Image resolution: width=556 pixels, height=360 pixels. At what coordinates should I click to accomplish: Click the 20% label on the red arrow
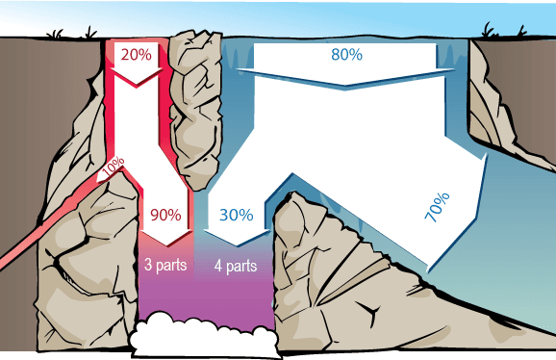(137, 54)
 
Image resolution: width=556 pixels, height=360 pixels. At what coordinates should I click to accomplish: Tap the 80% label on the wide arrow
(346, 56)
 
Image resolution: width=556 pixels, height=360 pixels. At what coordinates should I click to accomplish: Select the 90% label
(164, 215)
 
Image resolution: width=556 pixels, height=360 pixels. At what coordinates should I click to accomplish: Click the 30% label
(237, 215)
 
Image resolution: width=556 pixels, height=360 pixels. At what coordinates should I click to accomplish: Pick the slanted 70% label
(436, 209)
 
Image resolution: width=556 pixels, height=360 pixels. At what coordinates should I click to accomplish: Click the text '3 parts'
(164, 264)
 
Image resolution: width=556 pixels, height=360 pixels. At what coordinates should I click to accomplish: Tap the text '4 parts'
(236, 264)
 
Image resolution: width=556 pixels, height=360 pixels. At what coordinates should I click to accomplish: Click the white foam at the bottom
(202, 339)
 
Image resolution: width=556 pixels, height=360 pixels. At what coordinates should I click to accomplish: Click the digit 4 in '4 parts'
(218, 264)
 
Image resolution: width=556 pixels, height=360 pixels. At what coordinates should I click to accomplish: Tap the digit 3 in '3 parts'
(147, 264)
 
